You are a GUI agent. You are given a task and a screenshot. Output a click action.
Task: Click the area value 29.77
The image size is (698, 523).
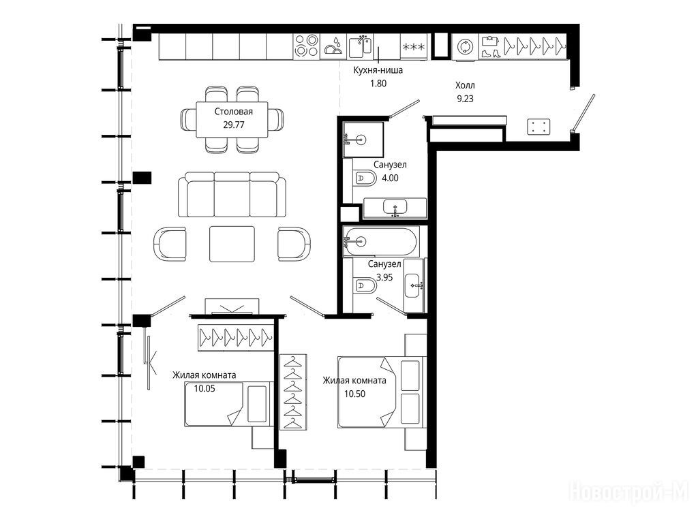point(233,125)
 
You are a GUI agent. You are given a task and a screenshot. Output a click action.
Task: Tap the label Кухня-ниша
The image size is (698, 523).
point(378,70)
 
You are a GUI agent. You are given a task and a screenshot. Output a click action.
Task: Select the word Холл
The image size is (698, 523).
point(465,85)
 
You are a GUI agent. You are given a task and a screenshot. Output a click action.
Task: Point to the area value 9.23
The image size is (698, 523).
point(465,99)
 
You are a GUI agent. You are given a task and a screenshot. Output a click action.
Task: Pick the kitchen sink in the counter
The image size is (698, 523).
point(360,47)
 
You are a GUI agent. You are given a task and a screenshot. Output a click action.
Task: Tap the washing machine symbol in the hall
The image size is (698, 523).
point(466,47)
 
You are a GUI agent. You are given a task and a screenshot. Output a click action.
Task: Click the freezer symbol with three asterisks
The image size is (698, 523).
point(414,47)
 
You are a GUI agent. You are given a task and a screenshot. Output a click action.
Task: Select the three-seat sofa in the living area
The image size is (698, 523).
point(232,195)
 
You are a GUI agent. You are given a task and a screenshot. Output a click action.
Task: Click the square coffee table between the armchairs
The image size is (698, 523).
point(232,244)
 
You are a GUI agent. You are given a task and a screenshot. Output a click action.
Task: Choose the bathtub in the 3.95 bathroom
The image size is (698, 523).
point(380,242)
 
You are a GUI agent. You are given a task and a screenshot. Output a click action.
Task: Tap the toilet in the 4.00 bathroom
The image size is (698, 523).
point(365,179)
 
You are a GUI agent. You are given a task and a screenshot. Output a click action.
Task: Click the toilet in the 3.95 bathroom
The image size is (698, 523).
point(365,285)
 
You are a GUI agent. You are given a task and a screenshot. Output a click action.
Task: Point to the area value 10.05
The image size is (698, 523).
point(204,389)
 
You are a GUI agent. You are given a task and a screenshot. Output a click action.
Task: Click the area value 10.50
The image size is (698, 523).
point(354,394)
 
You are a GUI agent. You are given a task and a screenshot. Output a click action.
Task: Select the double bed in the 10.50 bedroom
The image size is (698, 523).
point(382,392)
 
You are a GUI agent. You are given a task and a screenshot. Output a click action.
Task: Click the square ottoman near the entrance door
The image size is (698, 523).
point(538,127)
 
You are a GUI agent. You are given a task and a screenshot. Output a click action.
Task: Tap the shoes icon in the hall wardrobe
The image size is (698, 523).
point(490,53)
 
